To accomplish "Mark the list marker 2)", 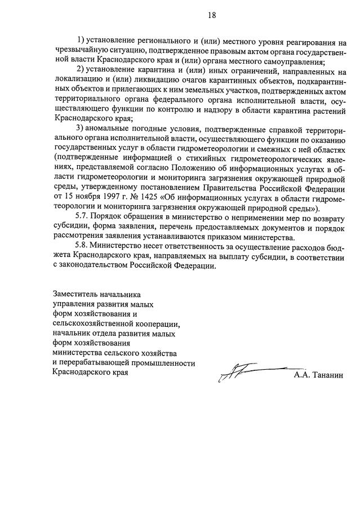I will tap(81, 70).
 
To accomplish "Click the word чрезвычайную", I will tap(78, 51).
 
